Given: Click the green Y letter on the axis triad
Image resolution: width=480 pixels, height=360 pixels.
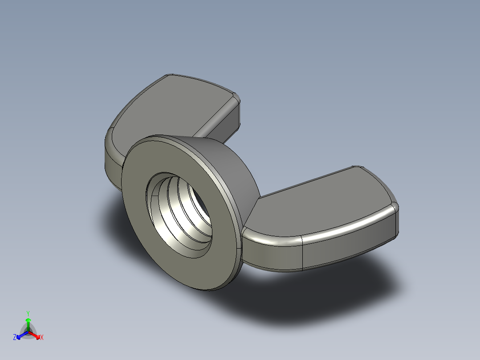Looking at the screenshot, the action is point(28,313).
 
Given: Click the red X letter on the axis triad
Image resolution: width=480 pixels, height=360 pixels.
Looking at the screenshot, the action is point(42,338).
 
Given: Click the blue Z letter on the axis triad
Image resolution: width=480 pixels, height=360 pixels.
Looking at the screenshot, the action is point(15,338).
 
